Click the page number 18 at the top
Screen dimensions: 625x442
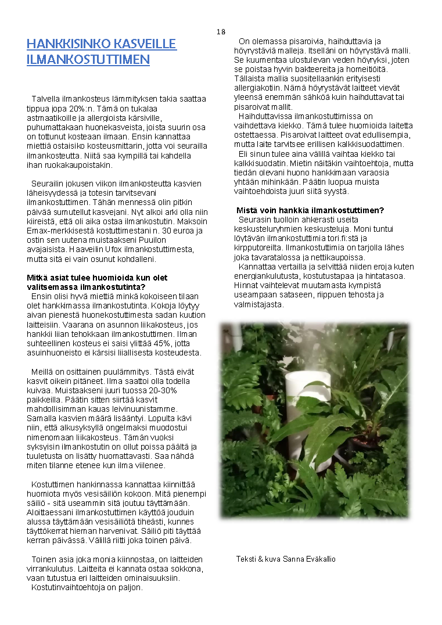(x=221, y=31)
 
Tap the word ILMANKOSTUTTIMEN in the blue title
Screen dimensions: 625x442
(x=88, y=59)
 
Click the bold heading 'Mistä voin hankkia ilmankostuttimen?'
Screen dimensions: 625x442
(x=310, y=210)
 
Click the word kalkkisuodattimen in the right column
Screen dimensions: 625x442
(x=368, y=144)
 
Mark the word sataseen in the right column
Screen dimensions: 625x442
(x=284, y=294)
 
